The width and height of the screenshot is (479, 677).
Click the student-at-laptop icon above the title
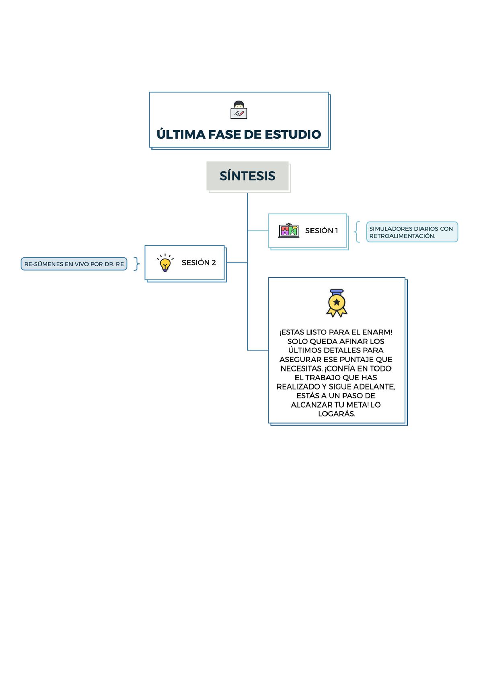[x=238, y=110]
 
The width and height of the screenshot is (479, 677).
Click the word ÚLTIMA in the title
[x=181, y=134]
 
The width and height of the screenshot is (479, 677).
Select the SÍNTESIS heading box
[x=247, y=176]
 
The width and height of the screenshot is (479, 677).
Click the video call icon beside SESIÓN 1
[x=288, y=231]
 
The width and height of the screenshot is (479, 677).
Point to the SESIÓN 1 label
[x=321, y=231]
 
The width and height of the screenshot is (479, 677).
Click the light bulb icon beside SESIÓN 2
[x=165, y=263]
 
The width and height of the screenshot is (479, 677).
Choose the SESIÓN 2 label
[x=199, y=263]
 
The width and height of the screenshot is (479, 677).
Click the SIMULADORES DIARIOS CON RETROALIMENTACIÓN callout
[x=412, y=232]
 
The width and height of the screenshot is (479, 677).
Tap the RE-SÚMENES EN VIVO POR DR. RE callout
[x=74, y=264]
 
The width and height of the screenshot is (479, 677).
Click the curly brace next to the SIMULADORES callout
[x=357, y=232]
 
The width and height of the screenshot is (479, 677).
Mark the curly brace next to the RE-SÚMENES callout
[x=137, y=264]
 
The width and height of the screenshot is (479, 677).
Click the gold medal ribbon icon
[x=337, y=303]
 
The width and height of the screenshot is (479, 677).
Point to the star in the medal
[x=337, y=302]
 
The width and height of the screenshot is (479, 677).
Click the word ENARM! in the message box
[x=377, y=332]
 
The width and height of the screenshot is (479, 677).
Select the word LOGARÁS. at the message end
[x=337, y=414]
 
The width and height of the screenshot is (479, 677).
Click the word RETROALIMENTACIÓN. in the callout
[x=402, y=236]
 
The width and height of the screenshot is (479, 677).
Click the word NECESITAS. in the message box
[x=302, y=369]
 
